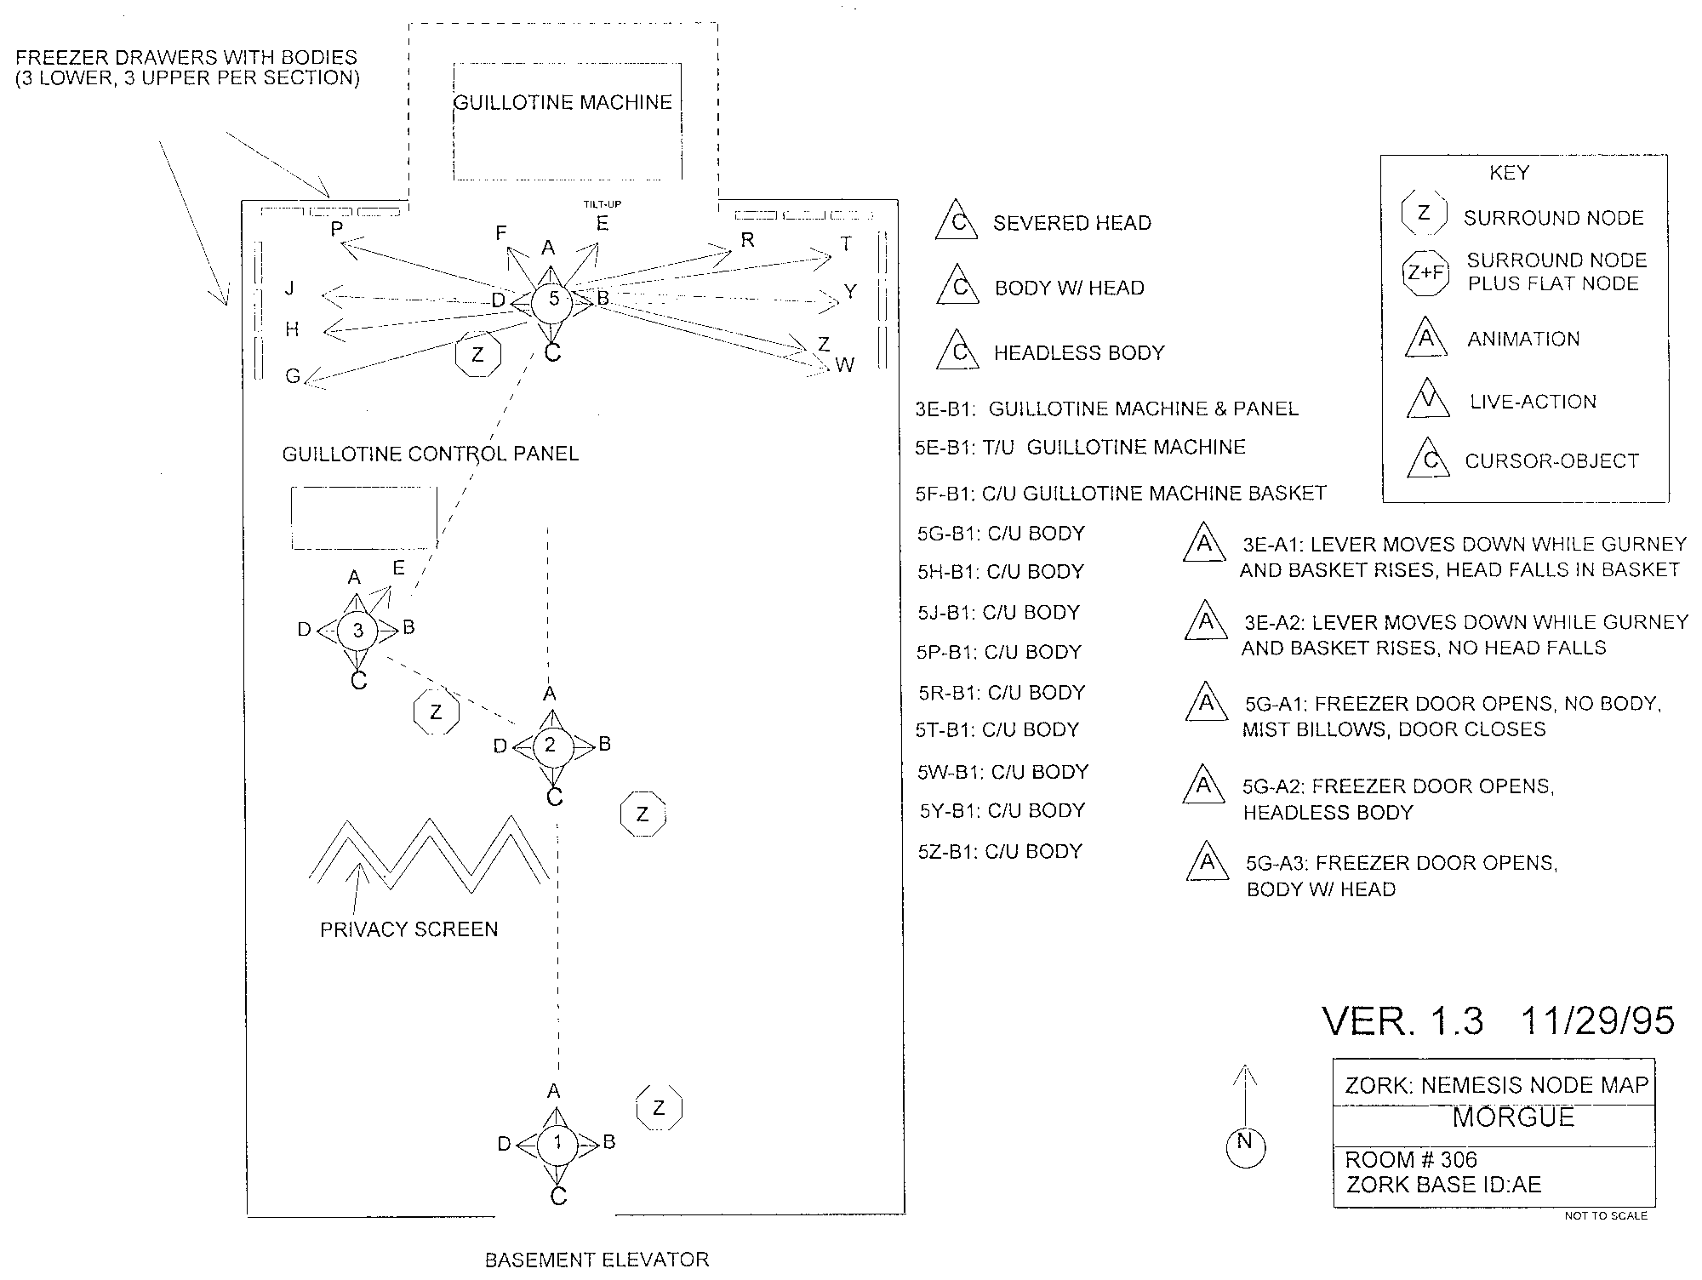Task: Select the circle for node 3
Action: [x=358, y=631]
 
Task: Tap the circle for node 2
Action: [x=551, y=746]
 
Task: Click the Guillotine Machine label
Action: [x=563, y=103]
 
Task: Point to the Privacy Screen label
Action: [x=409, y=929]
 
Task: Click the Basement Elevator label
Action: [x=597, y=1260]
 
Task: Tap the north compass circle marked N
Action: [x=1245, y=1147]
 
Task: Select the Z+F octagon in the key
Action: [x=1425, y=273]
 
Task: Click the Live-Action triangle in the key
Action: [x=1428, y=399]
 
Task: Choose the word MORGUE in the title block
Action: [x=1513, y=1117]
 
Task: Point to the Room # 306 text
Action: [x=1411, y=1160]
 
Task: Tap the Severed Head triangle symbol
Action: [x=957, y=220]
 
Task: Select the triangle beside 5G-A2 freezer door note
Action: [x=1204, y=784]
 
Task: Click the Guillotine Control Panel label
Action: [x=431, y=454]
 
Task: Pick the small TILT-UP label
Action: [x=602, y=204]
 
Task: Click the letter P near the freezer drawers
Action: [x=337, y=229]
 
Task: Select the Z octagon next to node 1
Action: [x=660, y=1108]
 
